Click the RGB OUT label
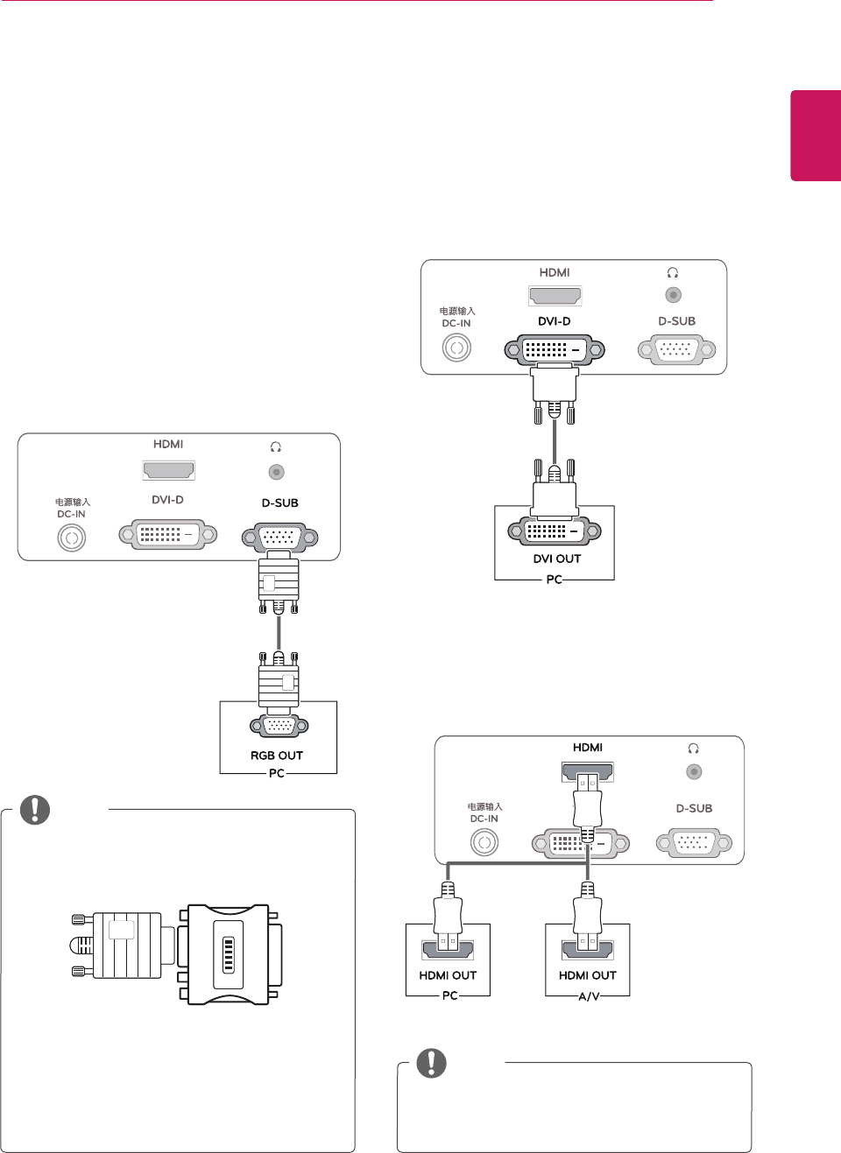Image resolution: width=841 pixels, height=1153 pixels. click(x=277, y=756)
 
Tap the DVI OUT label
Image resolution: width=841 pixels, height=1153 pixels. click(x=557, y=559)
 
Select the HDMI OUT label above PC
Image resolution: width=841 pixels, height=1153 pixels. click(x=448, y=975)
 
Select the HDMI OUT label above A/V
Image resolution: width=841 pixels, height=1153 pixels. click(x=588, y=975)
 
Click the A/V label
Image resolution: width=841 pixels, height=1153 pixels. click(x=589, y=996)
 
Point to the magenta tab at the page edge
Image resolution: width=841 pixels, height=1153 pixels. click(x=816, y=136)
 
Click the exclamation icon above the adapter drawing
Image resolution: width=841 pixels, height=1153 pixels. click(x=35, y=810)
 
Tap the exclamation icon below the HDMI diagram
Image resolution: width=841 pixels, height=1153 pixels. click(x=431, y=1063)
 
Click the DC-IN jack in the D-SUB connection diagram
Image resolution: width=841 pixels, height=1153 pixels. click(x=72, y=538)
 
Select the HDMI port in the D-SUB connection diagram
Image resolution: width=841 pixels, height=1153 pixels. click(x=168, y=470)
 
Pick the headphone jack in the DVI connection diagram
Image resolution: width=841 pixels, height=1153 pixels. click(x=673, y=295)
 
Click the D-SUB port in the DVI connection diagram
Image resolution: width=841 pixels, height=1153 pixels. click(x=676, y=350)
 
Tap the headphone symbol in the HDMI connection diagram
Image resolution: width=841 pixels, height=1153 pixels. click(x=694, y=749)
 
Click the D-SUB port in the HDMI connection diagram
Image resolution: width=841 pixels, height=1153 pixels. click(x=694, y=843)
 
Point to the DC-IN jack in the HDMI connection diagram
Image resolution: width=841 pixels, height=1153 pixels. click(x=484, y=842)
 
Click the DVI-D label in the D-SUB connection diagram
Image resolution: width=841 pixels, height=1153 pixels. click(x=167, y=500)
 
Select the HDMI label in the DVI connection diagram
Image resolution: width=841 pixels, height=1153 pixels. click(x=555, y=272)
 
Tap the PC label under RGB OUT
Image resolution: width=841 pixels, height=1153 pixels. click(x=277, y=773)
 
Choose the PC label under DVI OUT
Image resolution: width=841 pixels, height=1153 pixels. click(x=554, y=580)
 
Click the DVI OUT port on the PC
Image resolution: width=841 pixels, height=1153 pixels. click(x=555, y=531)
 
